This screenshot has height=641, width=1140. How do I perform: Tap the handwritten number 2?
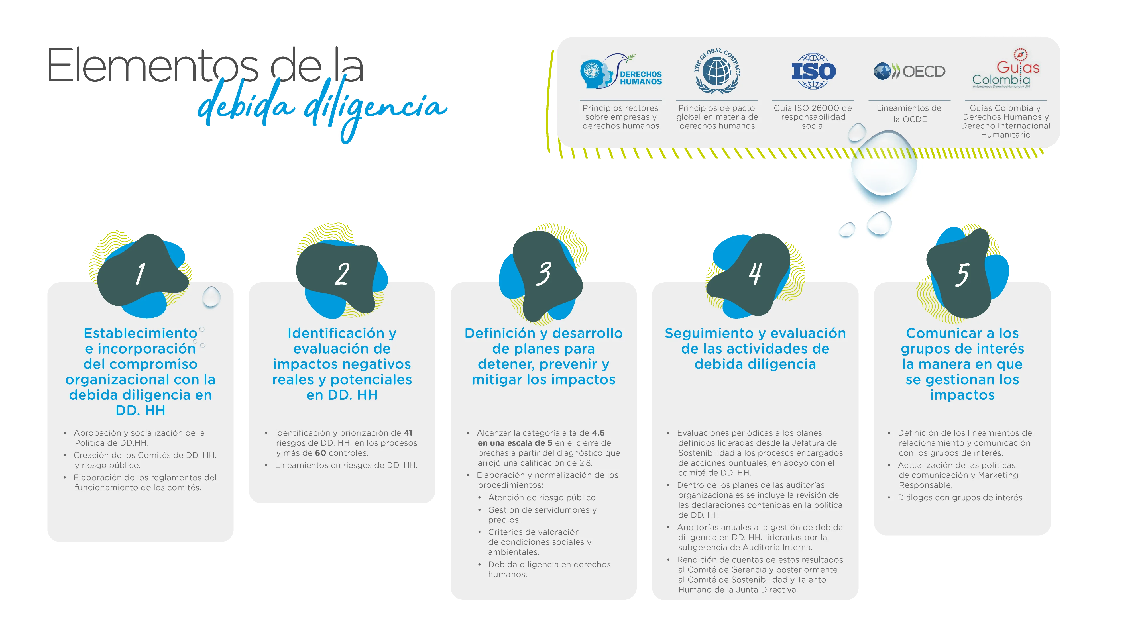point(342,274)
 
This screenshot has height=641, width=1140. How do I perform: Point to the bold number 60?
point(320,453)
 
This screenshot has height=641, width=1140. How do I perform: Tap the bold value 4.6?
point(598,433)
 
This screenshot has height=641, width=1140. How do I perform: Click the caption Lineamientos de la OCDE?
point(909,114)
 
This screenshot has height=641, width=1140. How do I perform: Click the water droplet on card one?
point(211,297)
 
